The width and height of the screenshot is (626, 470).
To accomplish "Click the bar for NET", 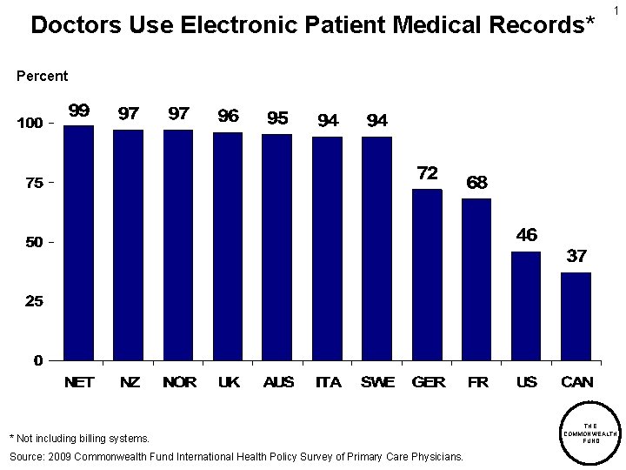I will [x=78, y=243].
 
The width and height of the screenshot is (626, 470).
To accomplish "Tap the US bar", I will [x=526, y=305].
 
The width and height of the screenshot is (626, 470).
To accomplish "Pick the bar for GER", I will [x=426, y=274].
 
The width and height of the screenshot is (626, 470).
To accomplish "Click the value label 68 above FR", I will [x=476, y=183].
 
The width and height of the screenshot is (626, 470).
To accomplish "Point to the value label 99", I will [x=79, y=111].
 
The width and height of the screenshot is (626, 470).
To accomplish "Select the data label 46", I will [x=526, y=235].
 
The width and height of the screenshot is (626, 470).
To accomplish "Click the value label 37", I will [x=576, y=256].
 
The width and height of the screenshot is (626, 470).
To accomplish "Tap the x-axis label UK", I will [x=229, y=382].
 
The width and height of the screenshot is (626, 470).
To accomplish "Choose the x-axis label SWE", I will [x=377, y=382].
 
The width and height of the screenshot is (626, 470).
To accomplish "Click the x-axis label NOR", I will [x=179, y=382].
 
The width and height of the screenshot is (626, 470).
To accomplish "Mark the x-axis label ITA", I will [x=328, y=382].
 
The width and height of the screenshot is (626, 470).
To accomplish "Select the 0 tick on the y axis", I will [x=38, y=360].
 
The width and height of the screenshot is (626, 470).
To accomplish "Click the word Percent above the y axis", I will [x=42, y=76].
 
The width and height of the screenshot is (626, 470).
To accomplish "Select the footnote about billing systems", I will [x=79, y=438].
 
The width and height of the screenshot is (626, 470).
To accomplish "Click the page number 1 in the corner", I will [x=616, y=10].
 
